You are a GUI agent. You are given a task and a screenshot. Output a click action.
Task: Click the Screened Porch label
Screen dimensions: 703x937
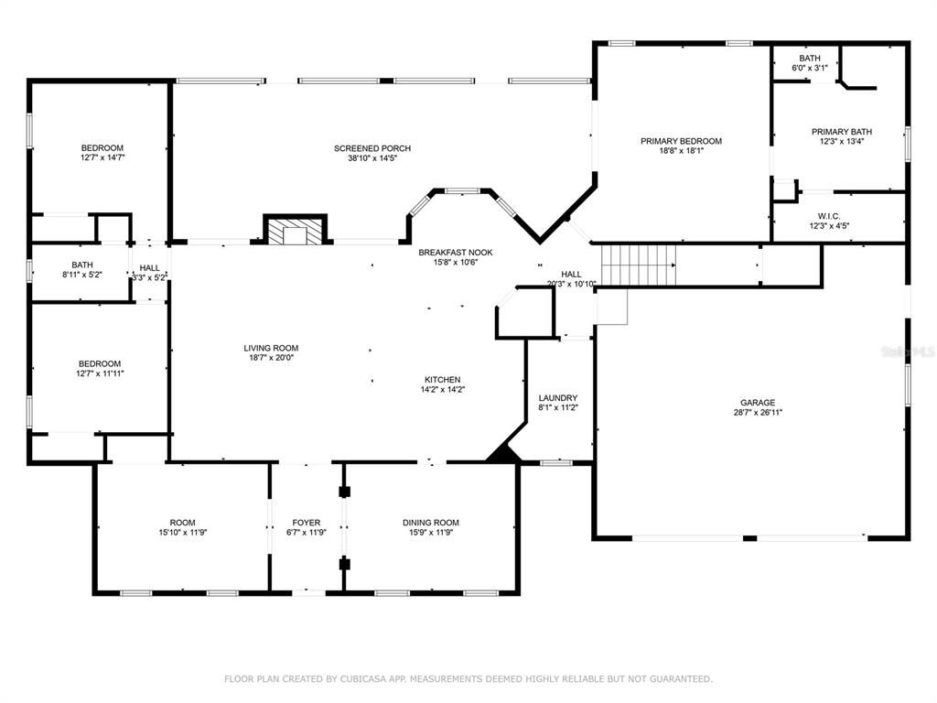pos(372,148)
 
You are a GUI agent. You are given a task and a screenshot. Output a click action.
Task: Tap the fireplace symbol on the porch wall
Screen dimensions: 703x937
pos(295,231)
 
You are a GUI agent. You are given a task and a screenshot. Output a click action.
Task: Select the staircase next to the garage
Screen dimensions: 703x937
pos(638,265)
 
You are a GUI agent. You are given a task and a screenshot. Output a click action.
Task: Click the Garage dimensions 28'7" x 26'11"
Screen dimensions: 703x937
pos(758,413)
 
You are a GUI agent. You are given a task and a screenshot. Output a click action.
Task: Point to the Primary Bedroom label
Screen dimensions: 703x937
pos(681,141)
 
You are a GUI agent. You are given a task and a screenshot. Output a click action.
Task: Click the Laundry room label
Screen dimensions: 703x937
pos(557,398)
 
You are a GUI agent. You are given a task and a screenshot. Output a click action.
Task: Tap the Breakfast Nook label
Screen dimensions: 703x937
pos(455,252)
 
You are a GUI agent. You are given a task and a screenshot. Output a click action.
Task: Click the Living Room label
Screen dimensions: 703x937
pos(271,348)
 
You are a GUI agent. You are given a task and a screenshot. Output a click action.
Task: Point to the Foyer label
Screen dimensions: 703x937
pos(307,523)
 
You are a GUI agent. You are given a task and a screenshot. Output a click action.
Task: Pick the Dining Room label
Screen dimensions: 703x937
pos(430,523)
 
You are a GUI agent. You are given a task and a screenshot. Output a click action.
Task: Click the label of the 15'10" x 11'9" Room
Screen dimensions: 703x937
pos(182,523)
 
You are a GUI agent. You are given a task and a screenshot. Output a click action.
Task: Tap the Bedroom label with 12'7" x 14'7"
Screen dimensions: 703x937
pos(102,148)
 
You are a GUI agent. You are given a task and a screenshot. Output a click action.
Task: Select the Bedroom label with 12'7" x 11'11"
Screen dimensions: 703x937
pos(99,363)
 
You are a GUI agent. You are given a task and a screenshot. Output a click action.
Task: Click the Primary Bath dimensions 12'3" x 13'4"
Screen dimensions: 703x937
pos(842,142)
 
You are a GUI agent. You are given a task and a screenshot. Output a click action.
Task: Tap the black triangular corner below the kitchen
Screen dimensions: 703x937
pos(502,453)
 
